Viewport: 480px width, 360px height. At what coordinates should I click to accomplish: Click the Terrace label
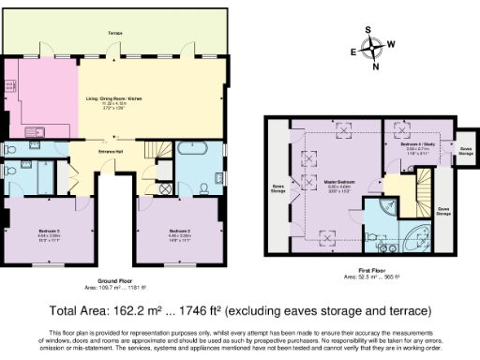[114, 33]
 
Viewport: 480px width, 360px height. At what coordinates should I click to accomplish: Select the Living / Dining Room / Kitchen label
[114, 105]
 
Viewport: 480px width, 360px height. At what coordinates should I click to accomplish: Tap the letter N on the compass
[375, 66]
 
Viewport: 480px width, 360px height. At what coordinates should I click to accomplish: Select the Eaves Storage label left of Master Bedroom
[278, 189]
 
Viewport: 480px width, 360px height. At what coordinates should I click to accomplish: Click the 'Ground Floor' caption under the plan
[114, 279]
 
